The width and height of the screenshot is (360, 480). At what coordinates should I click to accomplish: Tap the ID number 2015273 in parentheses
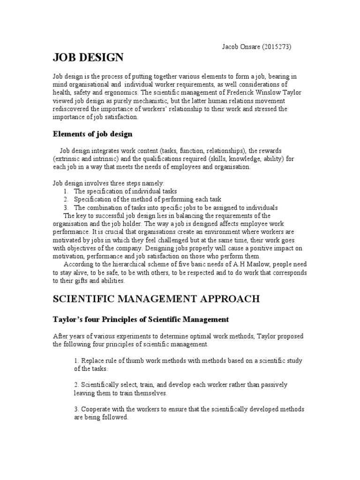[278, 47]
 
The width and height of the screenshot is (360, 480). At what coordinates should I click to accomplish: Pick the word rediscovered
[72, 109]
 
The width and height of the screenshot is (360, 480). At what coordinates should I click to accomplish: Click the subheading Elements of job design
[92, 134]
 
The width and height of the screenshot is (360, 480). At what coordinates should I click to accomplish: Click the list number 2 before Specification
[67, 200]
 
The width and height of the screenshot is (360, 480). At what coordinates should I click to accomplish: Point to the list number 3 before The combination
[67, 208]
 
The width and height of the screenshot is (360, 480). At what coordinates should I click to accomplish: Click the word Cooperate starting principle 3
[97, 409]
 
